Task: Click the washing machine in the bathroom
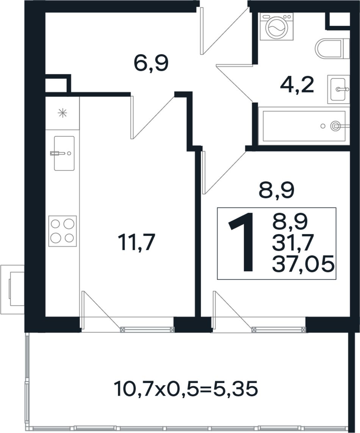(276, 27)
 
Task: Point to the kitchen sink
(64, 153)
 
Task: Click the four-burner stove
(63, 231)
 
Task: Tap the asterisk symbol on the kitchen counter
(63, 113)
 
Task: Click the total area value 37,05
(304, 264)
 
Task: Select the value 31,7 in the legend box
(293, 243)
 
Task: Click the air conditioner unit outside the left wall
(13, 289)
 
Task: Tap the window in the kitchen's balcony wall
(147, 329)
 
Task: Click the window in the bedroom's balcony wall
(279, 329)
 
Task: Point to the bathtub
(304, 126)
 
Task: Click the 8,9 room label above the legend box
(276, 191)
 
